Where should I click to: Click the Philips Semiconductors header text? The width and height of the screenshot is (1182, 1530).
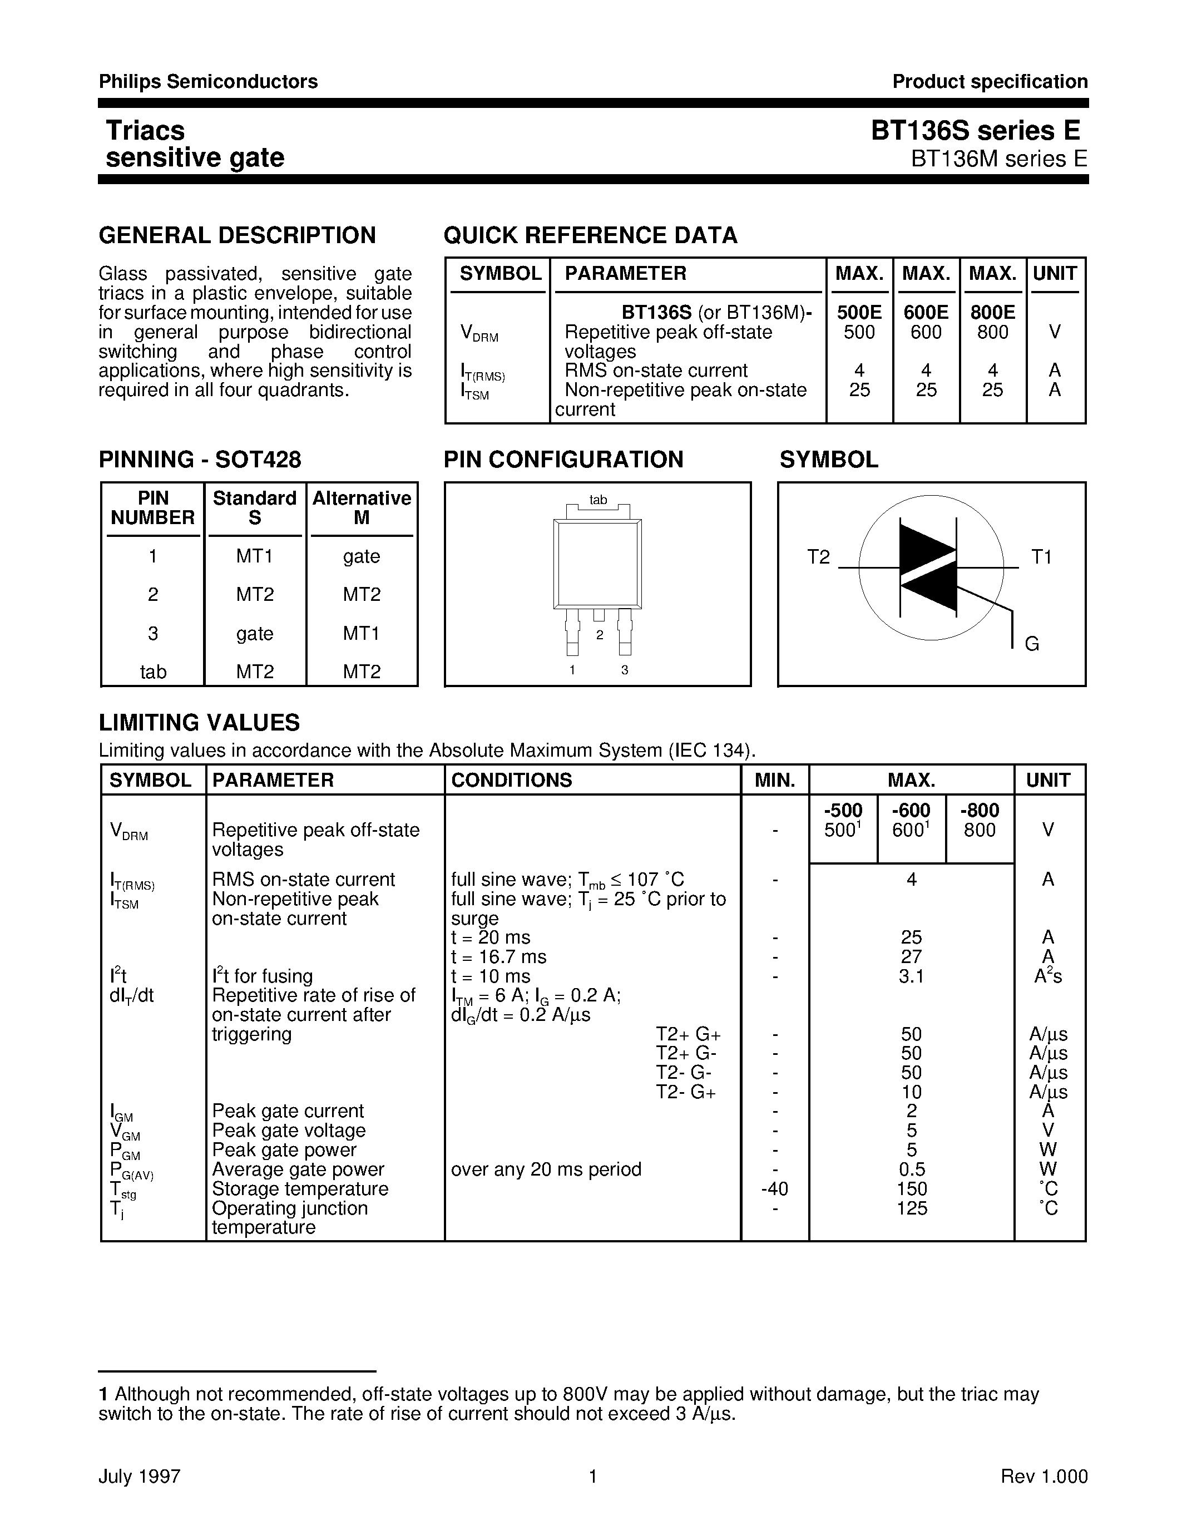208,82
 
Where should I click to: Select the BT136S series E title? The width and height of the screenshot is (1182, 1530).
976,131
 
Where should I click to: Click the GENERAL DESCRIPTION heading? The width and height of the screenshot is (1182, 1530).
237,235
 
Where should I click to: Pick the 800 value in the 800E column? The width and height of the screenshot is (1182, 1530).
992,332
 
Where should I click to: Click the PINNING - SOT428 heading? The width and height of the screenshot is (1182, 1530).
200,460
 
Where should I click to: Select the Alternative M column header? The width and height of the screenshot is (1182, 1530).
362,508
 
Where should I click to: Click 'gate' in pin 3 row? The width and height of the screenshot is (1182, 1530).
254,633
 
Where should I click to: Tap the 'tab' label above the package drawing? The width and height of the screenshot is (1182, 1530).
598,500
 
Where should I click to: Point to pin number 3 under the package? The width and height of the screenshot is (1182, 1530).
625,670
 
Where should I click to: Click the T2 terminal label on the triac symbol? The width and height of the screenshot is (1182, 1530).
818,557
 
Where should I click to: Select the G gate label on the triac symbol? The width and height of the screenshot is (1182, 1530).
1031,644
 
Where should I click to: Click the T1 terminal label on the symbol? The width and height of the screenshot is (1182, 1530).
1041,557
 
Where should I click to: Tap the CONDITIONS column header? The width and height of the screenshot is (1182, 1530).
511,779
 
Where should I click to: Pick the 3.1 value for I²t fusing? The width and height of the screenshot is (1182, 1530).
911,976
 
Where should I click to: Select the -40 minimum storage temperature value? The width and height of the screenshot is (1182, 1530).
774,1189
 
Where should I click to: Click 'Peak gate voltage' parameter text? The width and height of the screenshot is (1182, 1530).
289,1130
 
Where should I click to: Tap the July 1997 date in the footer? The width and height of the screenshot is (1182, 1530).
140,1476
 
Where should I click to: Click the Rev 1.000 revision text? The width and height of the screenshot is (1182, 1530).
1044,1476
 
